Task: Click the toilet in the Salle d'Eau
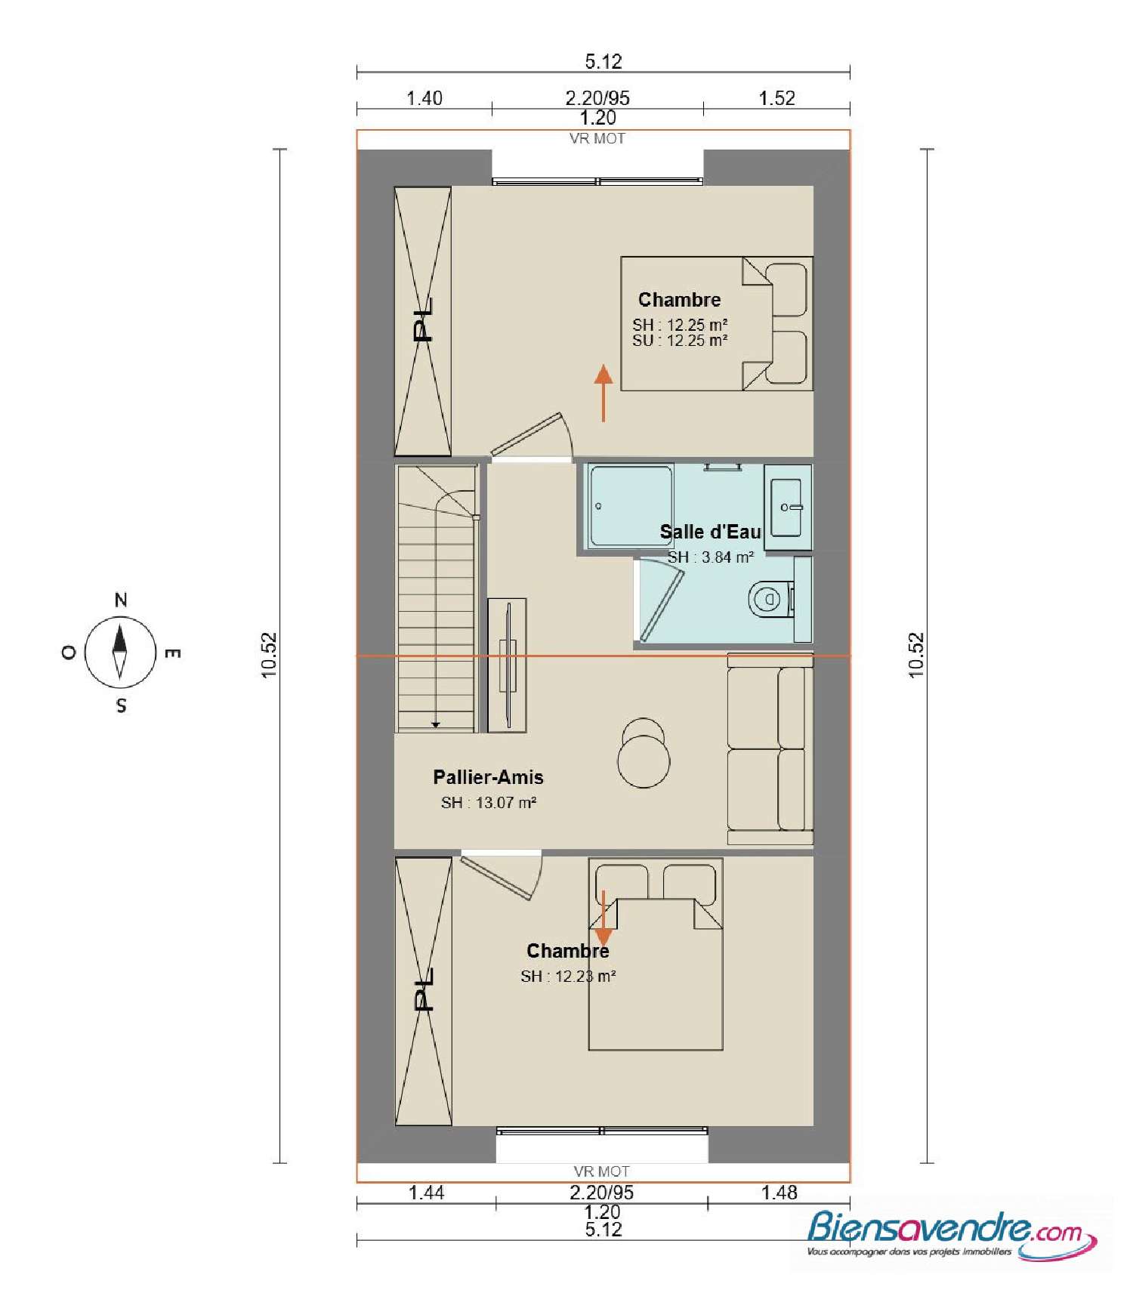tap(768, 600)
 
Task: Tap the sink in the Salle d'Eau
tap(787, 507)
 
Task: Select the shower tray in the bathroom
tap(631, 505)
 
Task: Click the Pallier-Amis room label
tap(488, 777)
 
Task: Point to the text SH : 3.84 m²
tap(710, 557)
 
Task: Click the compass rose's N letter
tap(121, 600)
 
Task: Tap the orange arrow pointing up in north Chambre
tap(603, 393)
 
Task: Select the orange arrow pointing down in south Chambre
tap(603, 918)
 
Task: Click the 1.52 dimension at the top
tap(776, 98)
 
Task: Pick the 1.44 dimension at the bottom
tap(426, 1193)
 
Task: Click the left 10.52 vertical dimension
tap(270, 655)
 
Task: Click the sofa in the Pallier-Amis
tap(769, 748)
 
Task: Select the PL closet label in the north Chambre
tap(424, 320)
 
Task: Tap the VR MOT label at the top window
tap(597, 139)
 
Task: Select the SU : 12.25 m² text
tap(680, 341)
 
